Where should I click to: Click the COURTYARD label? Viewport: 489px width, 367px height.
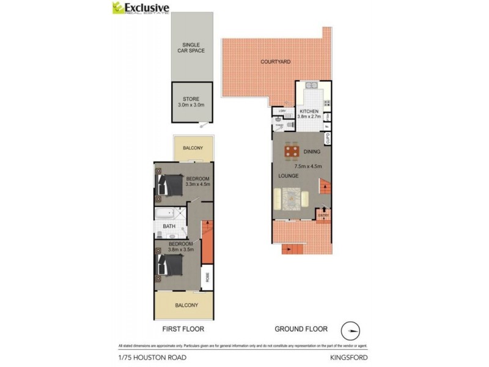pyautogui.click(x=274, y=62)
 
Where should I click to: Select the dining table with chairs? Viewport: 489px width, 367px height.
pyautogui.click(x=292, y=151)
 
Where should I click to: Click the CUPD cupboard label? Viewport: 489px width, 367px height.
pyautogui.click(x=328, y=142)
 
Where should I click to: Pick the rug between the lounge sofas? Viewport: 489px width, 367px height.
pyautogui.click(x=292, y=198)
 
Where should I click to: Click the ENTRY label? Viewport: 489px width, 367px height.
pyautogui.click(x=323, y=215)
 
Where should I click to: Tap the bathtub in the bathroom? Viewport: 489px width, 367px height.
pyautogui.click(x=164, y=215)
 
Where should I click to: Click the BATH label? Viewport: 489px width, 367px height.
pyautogui.click(x=169, y=226)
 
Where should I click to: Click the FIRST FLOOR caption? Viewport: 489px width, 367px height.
pyautogui.click(x=183, y=329)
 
